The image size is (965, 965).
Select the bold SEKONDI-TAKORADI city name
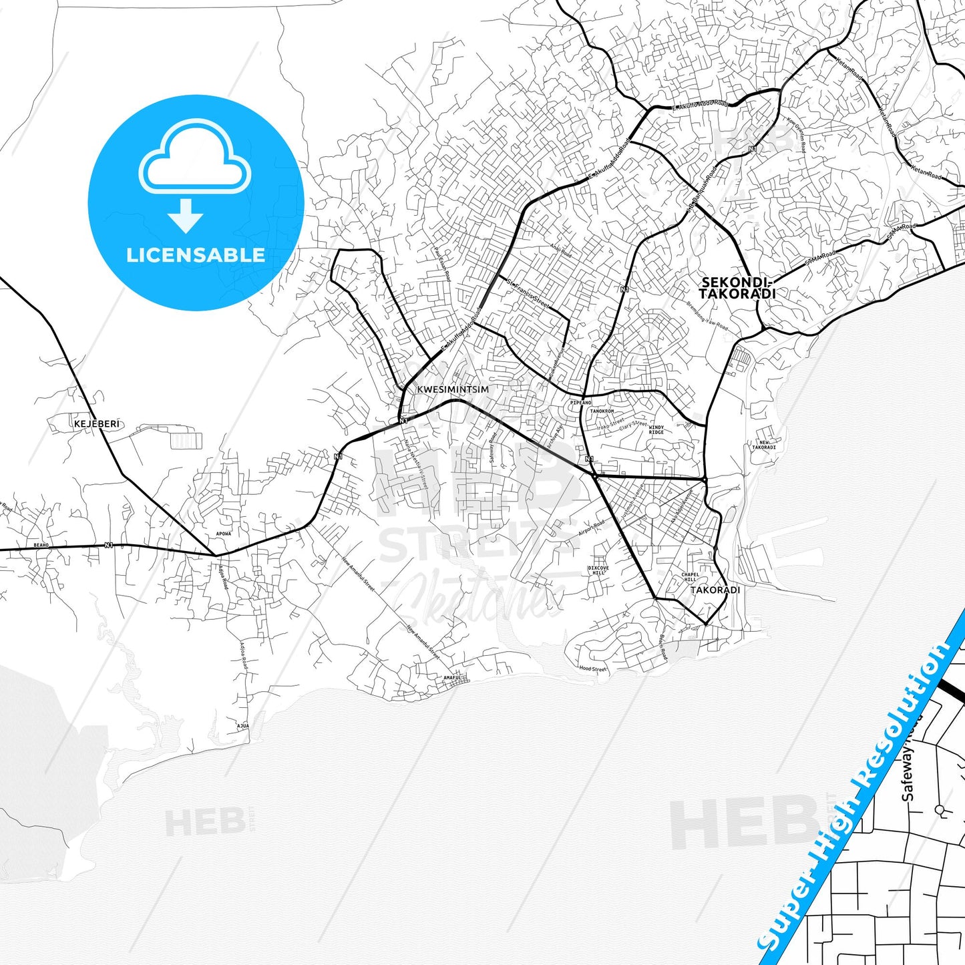click(x=738, y=288)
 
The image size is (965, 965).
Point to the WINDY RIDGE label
click(x=656, y=429)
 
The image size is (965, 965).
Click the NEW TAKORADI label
click(x=764, y=445)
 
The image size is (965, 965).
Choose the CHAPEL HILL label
click(x=690, y=577)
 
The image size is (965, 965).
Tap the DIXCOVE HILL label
click(x=598, y=570)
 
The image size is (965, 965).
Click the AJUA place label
click(x=243, y=725)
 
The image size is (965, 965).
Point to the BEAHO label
click(x=41, y=546)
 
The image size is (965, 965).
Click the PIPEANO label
click(x=581, y=403)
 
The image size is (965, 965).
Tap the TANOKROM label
click(x=602, y=411)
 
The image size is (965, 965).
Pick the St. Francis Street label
click(x=528, y=294)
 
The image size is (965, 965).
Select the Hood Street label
click(x=592, y=668)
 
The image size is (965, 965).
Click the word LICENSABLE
click(x=196, y=254)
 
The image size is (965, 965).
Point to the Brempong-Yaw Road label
click(x=707, y=317)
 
